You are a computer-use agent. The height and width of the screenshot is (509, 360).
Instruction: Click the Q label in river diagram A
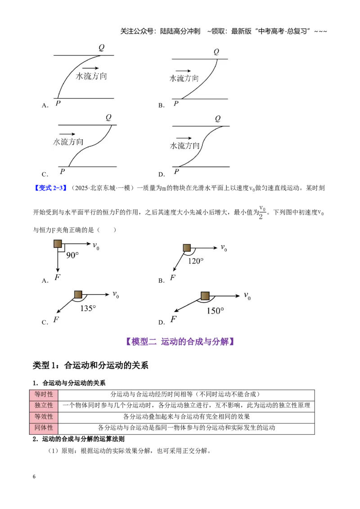102,48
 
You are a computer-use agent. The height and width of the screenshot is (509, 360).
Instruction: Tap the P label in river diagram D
176,171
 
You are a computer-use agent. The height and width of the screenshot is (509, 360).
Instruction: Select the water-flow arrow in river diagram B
183,71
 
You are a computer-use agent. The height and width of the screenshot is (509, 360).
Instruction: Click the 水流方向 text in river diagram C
68,142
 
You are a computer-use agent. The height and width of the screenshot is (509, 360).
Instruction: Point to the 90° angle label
72,255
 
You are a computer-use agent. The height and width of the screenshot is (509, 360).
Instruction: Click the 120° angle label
196,261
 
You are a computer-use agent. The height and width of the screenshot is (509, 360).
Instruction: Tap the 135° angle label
88,308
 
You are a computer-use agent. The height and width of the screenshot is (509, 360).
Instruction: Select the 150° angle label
216,311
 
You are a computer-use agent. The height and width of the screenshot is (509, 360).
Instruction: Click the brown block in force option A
58,244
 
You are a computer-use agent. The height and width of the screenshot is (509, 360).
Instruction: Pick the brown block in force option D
205,296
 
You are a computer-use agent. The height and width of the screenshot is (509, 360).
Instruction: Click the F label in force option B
173,278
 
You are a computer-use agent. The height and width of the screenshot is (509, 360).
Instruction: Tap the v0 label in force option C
116,295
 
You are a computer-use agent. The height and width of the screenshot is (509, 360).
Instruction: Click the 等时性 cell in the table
44,394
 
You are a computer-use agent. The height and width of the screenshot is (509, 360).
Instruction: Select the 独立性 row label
44,406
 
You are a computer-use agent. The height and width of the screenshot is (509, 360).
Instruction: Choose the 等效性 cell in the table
44,417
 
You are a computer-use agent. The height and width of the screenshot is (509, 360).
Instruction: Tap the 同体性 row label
44,428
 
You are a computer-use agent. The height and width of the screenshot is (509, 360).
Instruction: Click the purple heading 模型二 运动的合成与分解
180,341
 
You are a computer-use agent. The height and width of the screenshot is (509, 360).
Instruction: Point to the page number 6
34,477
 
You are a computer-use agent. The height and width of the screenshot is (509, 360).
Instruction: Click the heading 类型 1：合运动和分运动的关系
90,366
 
